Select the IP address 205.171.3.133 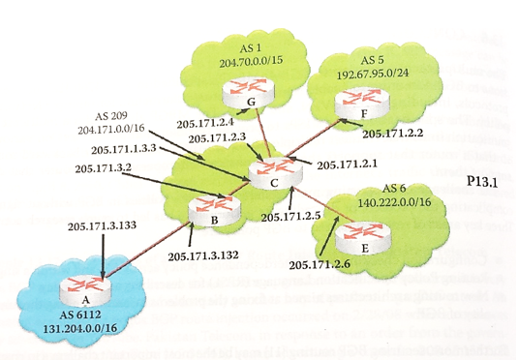click(100, 226)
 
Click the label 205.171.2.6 click(320, 264)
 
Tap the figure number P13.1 click(480, 181)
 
